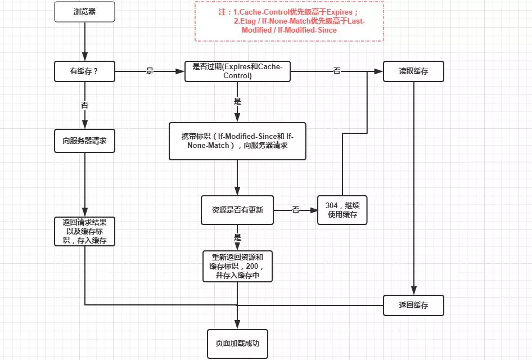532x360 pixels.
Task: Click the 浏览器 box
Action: (84, 12)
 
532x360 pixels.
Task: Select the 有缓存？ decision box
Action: (84, 71)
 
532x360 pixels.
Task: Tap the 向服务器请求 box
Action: (84, 141)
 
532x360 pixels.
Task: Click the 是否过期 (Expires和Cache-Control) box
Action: (237, 71)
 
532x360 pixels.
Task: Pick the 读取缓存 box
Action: (413, 71)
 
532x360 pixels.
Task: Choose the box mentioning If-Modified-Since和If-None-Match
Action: (237, 141)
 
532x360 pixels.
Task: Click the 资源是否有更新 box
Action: (237, 210)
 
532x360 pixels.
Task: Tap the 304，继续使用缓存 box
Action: (342, 210)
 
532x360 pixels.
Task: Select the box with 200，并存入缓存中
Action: (237, 266)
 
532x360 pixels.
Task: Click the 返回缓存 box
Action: (413, 305)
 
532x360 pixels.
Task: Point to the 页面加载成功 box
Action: (237, 343)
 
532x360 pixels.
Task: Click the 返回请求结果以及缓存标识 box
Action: (84, 231)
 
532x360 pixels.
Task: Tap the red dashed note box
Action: (289, 21)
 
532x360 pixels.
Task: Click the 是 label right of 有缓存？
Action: (150, 71)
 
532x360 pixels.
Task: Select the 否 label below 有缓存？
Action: (84, 105)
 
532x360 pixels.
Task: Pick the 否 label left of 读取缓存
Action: (337, 71)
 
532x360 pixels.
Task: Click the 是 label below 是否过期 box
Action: (237, 102)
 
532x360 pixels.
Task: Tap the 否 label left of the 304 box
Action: (296, 210)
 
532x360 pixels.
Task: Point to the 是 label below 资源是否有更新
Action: (237, 237)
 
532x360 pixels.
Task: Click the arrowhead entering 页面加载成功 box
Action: (237, 326)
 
